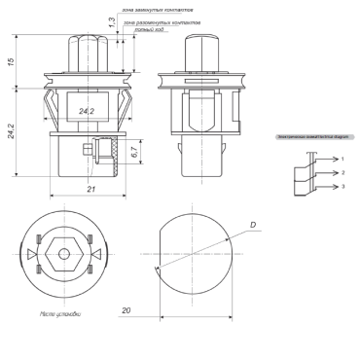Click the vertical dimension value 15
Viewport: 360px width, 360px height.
pos(11,61)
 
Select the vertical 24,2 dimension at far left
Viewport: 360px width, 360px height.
pos(11,130)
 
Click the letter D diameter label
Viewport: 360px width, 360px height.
pos(252,226)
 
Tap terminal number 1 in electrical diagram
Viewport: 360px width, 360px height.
pos(342,158)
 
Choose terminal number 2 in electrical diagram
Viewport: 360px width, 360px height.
pos(342,171)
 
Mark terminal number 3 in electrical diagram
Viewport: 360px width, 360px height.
pos(342,185)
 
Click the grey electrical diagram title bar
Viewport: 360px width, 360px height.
pos(310,137)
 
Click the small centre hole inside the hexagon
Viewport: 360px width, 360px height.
pos(63,253)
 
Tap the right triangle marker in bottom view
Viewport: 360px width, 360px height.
pos(93,253)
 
